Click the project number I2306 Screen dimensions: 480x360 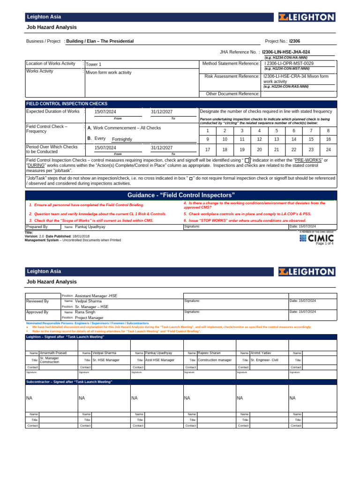pos(296,41)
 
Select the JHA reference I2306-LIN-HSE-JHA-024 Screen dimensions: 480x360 pos(285,52)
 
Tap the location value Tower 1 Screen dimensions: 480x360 pos(93,64)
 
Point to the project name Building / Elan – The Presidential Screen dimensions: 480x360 pos(100,41)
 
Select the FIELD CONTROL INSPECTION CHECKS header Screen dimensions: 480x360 pos(67,104)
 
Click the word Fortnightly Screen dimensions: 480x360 pos(122,139)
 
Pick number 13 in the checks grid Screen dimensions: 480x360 pos(277,139)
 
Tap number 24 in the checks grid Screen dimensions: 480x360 pos(328,150)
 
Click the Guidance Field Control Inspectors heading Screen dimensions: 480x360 pos(181,195)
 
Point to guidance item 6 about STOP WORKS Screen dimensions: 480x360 pos(245,220)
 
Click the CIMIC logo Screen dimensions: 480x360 pos(316,238)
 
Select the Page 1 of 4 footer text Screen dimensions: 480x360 pos(324,244)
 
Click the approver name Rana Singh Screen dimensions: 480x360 pos(85,312)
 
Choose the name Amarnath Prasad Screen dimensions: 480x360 pos(53,352)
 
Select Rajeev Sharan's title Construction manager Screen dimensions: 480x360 pos(215,360)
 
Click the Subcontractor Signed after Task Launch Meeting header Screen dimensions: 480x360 pos(69,382)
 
